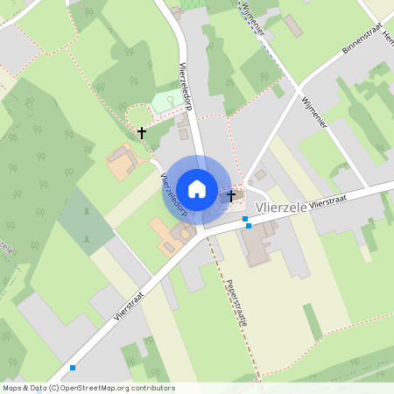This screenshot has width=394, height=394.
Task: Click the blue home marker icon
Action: [x=197, y=188]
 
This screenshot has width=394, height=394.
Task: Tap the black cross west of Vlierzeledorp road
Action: [x=142, y=133]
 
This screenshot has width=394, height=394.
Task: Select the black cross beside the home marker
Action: [x=232, y=195]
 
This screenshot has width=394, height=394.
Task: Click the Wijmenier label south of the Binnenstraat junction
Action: [x=313, y=113]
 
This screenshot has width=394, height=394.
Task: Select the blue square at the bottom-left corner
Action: [x=72, y=368]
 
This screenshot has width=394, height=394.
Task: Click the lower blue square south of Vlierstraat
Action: [x=249, y=225]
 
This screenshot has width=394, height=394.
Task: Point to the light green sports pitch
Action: [x=164, y=102]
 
